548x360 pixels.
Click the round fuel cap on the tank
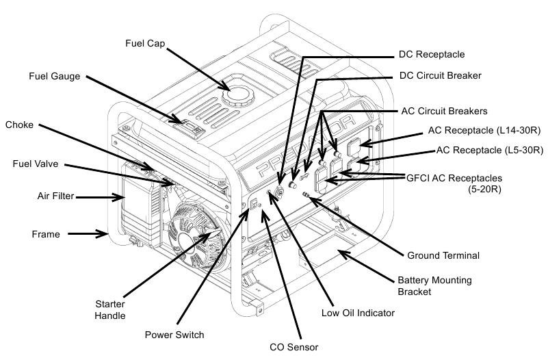click(239, 97)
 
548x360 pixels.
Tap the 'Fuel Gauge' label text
click(55, 76)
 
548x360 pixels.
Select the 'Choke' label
click(19, 125)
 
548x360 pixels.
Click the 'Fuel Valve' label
click(36, 164)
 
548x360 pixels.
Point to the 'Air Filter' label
click(55, 196)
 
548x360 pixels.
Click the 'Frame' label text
click(46, 234)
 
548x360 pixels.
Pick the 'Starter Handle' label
click(110, 309)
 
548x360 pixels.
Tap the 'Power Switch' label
click(174, 335)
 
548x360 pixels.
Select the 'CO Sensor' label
click(294, 347)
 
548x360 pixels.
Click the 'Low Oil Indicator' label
click(358, 313)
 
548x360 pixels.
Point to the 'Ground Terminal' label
click(443, 255)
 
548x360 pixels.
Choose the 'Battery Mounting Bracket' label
click(434, 286)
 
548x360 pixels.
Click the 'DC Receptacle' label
click(432, 55)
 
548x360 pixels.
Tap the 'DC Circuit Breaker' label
click(441, 75)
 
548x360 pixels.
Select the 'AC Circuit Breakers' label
click(444, 111)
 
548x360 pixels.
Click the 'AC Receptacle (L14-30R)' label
click(484, 130)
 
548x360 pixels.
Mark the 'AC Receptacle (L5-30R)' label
click(490, 150)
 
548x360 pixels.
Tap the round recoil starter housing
click(196, 237)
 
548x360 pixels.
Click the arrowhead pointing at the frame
click(102, 233)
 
